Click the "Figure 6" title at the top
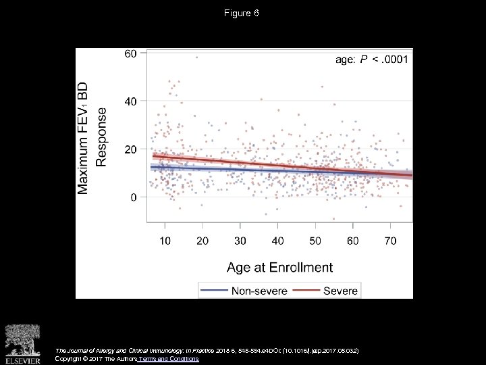click(x=242, y=14)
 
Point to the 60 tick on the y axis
click(x=130, y=53)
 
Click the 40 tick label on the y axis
click(x=130, y=101)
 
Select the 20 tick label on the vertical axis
click(x=130, y=149)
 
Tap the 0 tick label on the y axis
click(x=134, y=197)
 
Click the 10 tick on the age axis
click(x=165, y=241)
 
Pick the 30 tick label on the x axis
click(x=240, y=241)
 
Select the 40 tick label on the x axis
click(x=277, y=241)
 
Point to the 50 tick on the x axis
click(x=315, y=241)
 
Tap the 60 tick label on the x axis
click(x=353, y=241)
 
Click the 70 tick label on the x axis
click(x=391, y=241)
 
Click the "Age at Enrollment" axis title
click(x=279, y=267)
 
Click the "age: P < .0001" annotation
click(x=371, y=60)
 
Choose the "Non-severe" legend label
click(x=259, y=291)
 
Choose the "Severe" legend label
click(x=341, y=291)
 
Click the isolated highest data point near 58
click(x=196, y=57)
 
